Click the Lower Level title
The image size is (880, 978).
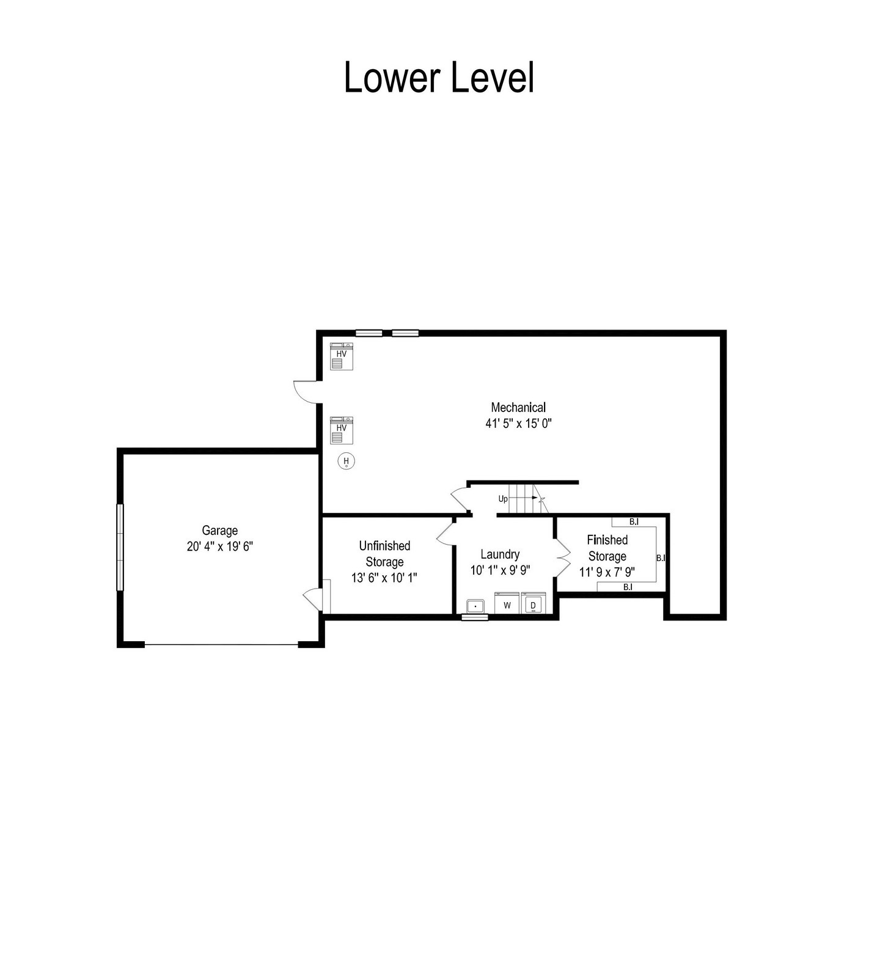[x=439, y=78]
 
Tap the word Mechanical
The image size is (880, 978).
[x=518, y=407]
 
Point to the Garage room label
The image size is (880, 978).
[x=220, y=531]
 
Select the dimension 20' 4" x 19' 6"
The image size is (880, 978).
[x=220, y=546]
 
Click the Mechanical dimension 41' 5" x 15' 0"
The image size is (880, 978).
[x=519, y=423]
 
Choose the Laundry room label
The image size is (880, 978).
[x=500, y=554]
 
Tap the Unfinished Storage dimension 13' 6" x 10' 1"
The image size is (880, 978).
[x=384, y=578]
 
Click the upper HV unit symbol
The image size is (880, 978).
[x=342, y=356]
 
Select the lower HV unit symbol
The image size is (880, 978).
[x=342, y=430]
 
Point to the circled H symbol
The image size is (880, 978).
[x=346, y=461]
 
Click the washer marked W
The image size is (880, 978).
[x=507, y=603]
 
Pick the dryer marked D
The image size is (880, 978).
[x=533, y=603]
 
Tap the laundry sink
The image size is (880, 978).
[x=475, y=606]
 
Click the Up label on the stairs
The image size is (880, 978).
[x=503, y=499]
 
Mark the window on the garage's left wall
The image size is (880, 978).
[x=120, y=547]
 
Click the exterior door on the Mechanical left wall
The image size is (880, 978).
[x=306, y=392]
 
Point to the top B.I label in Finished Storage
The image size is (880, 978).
[x=634, y=521]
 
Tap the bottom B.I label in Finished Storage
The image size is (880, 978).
[x=628, y=587]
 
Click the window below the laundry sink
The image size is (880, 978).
[x=475, y=617]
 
